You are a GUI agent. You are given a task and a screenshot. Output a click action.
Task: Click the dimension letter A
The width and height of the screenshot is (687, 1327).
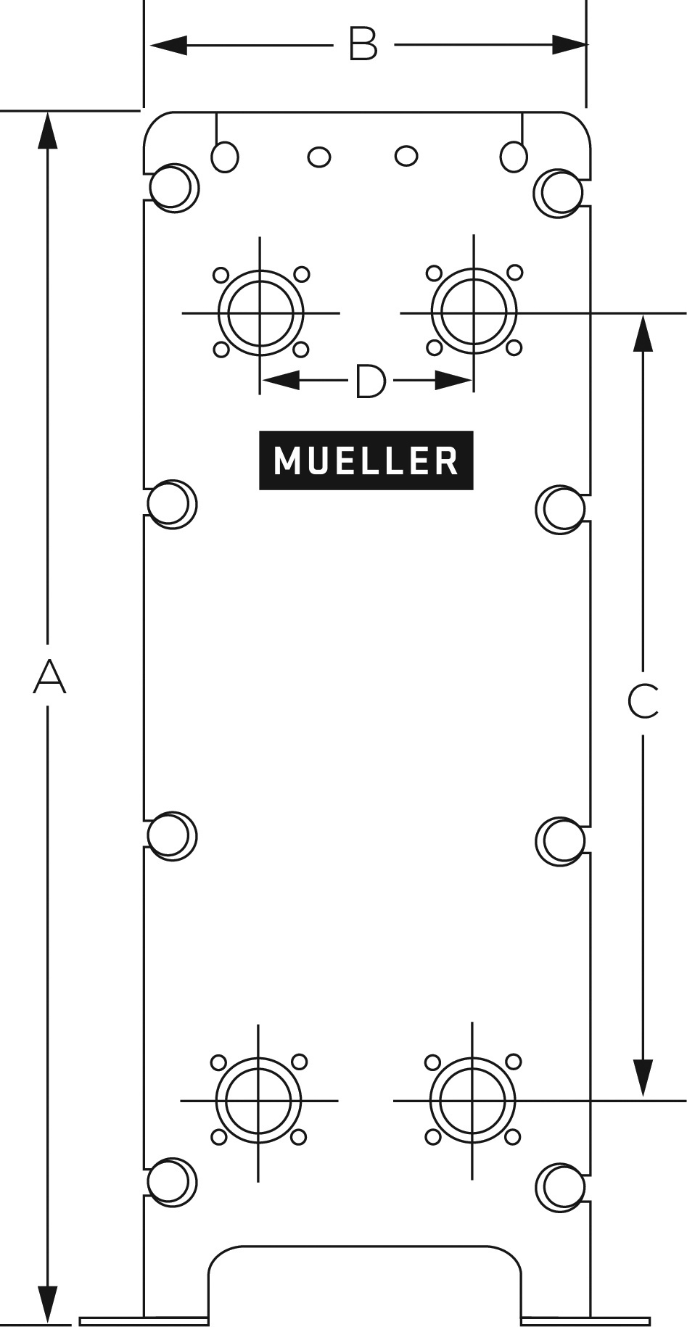[49, 676]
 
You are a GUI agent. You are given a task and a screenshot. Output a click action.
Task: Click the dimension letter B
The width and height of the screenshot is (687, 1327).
[363, 44]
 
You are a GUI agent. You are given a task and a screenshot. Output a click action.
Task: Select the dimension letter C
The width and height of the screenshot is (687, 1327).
[643, 700]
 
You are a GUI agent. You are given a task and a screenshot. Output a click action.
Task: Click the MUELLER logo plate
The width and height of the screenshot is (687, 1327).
[366, 460]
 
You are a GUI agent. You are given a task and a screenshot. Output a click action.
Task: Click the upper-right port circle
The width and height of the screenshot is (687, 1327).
[474, 312]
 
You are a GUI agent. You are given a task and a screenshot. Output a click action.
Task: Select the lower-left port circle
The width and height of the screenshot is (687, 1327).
[259, 1101]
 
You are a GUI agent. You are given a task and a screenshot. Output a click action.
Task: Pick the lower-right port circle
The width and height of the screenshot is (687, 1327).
[472, 1100]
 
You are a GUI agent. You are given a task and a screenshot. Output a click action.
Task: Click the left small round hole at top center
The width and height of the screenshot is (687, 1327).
[319, 157]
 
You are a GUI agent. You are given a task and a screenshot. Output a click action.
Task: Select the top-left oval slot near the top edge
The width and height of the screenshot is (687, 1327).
[225, 156]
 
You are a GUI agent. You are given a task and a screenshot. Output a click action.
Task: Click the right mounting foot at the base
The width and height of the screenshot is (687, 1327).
[585, 1320]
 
